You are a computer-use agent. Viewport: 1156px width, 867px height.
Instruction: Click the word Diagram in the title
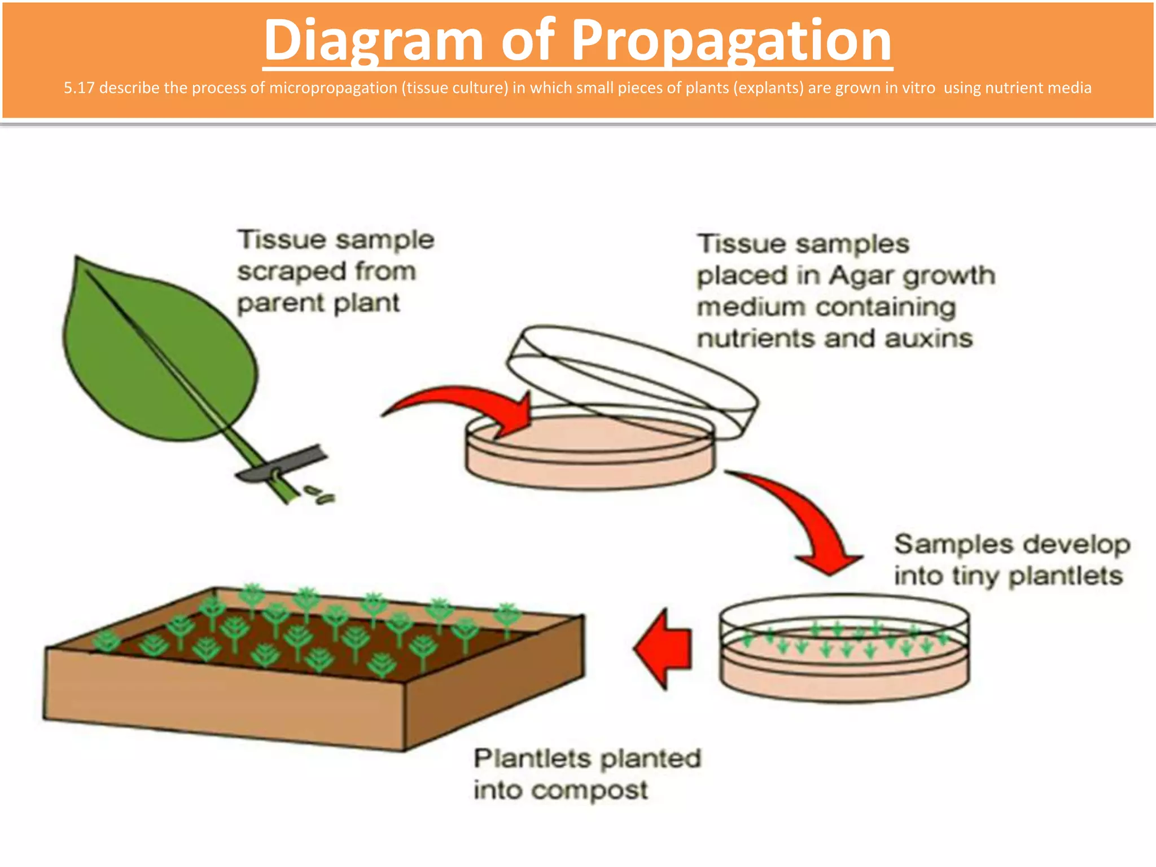373,41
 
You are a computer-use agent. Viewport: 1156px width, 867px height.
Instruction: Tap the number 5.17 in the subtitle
79,88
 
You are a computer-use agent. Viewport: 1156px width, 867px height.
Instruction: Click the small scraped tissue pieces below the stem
321,495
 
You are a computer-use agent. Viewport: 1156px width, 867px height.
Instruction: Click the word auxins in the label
929,339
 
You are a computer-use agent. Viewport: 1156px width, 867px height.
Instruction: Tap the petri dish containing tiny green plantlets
844,649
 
